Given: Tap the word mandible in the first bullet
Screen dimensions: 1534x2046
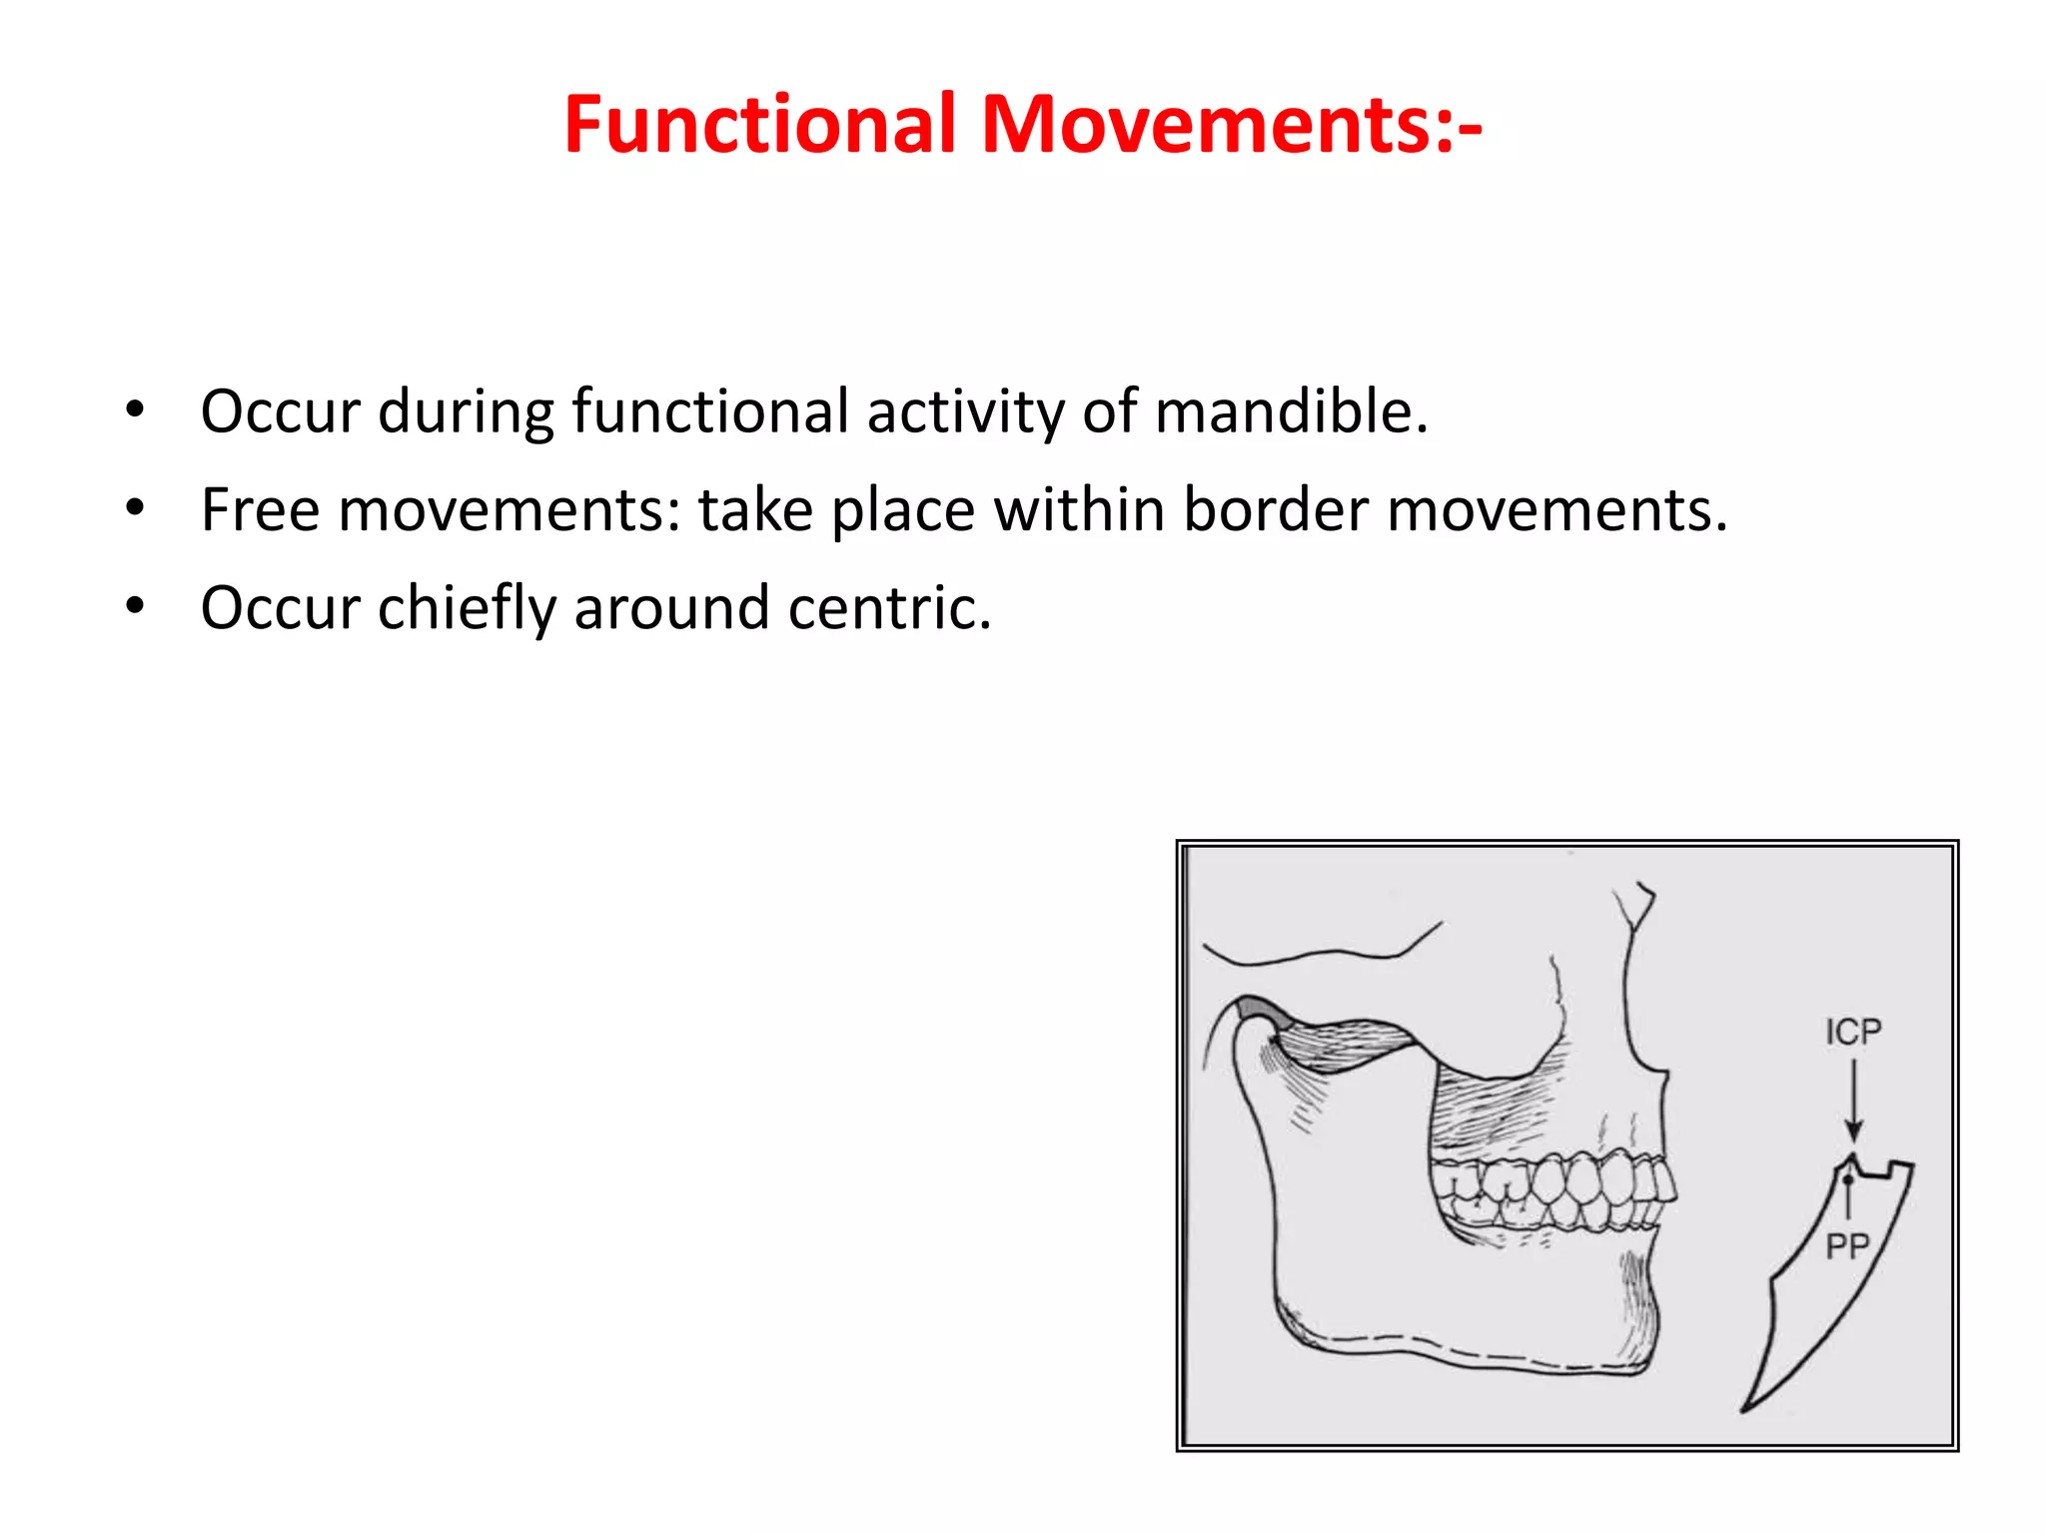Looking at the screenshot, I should [x=1291, y=411].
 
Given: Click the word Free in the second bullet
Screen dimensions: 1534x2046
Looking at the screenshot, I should [x=260, y=510].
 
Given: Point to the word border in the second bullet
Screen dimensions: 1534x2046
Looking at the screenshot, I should [x=1276, y=510].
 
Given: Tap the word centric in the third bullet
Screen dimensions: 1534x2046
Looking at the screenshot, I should [x=887, y=608].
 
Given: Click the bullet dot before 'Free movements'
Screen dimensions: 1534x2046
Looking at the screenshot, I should [x=135, y=508].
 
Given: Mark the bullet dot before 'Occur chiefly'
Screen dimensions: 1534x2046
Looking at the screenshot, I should [x=135, y=606].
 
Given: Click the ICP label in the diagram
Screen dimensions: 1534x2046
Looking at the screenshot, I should [x=1853, y=1032].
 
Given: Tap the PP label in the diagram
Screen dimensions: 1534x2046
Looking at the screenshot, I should [x=1847, y=1246].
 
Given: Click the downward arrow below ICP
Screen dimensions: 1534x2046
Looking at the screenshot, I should [x=1853, y=1099].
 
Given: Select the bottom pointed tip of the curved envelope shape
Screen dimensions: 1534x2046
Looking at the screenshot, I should [x=1744, y=1409].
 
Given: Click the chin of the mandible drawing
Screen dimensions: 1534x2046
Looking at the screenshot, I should [x=1638, y=1338].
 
